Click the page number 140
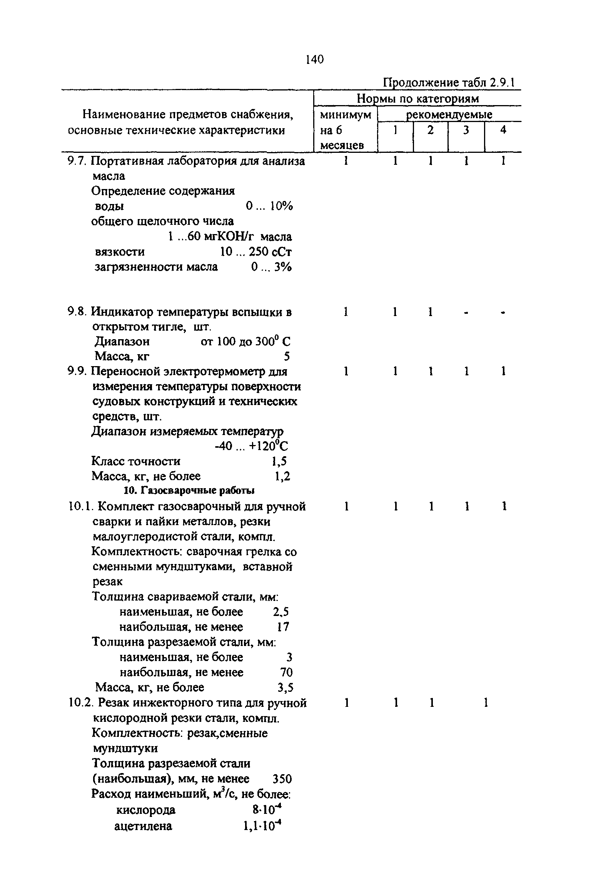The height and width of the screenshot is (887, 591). tap(315, 60)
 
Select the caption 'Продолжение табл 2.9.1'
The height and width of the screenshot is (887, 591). tap(449, 83)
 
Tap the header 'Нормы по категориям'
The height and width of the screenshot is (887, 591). tap(417, 99)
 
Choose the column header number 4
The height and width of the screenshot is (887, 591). tap(503, 130)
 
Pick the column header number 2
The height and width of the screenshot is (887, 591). tap(430, 130)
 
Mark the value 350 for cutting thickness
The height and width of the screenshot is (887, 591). tap(282, 779)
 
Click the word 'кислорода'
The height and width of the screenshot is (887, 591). tap(146, 810)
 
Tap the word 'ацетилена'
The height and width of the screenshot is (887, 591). tap(144, 826)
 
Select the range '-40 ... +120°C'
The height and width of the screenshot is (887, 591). tap(251, 446)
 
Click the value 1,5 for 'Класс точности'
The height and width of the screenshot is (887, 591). tap(279, 461)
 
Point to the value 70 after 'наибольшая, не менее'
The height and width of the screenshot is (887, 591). tap(286, 673)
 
